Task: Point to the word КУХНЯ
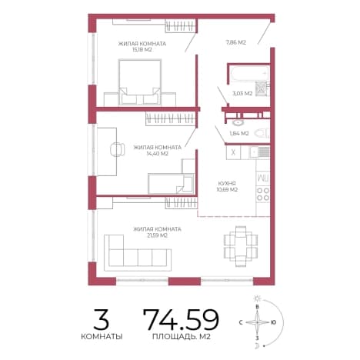coord(227,183)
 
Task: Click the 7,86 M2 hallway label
coord(236,42)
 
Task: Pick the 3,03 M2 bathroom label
coord(242,94)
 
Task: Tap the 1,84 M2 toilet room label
coord(239,133)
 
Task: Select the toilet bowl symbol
coord(262,133)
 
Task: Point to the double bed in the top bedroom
coord(140,82)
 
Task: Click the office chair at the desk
coord(118,149)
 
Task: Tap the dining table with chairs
coord(241,246)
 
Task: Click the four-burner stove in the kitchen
coord(263,194)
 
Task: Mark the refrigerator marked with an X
coord(233,152)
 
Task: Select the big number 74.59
coord(181,319)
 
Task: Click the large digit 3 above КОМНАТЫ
coord(102,319)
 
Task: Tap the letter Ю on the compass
coord(274,322)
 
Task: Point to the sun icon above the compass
coord(257,298)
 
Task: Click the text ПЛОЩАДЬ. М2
coord(182,337)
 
